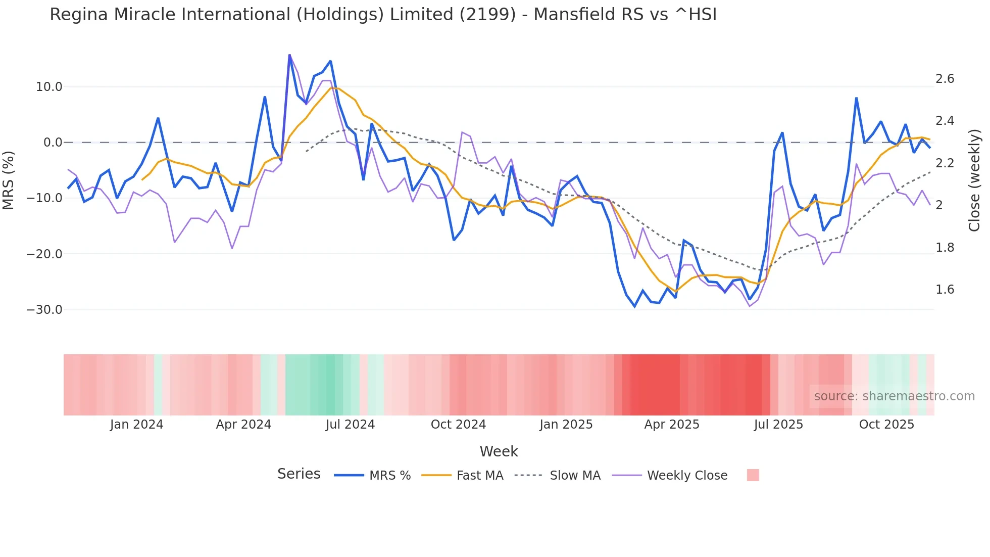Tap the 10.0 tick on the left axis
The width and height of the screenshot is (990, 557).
pyautogui.click(x=49, y=87)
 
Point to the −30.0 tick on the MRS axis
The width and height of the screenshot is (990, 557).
pyautogui.click(x=44, y=310)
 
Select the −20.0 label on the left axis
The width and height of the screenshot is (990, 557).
pyautogui.click(x=44, y=254)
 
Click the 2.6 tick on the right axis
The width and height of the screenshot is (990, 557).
pyautogui.click(x=945, y=79)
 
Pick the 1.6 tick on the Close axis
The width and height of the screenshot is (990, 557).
pyautogui.click(x=945, y=290)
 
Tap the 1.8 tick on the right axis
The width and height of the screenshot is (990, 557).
pyautogui.click(x=945, y=248)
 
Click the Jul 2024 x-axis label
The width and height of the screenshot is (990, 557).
pyautogui.click(x=350, y=425)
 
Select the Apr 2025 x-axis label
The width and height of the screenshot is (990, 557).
pyautogui.click(x=671, y=425)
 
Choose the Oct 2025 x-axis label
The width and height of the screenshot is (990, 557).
pyautogui.click(x=886, y=425)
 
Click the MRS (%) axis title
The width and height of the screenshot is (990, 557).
pyautogui.click(x=9, y=180)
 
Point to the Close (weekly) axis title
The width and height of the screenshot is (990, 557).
pyautogui.click(x=974, y=180)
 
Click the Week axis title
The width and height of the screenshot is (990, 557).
pyautogui.click(x=499, y=451)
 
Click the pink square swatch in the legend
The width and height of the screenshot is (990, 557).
pyautogui.click(x=753, y=475)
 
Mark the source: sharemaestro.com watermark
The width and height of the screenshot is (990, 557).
pyautogui.click(x=894, y=396)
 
